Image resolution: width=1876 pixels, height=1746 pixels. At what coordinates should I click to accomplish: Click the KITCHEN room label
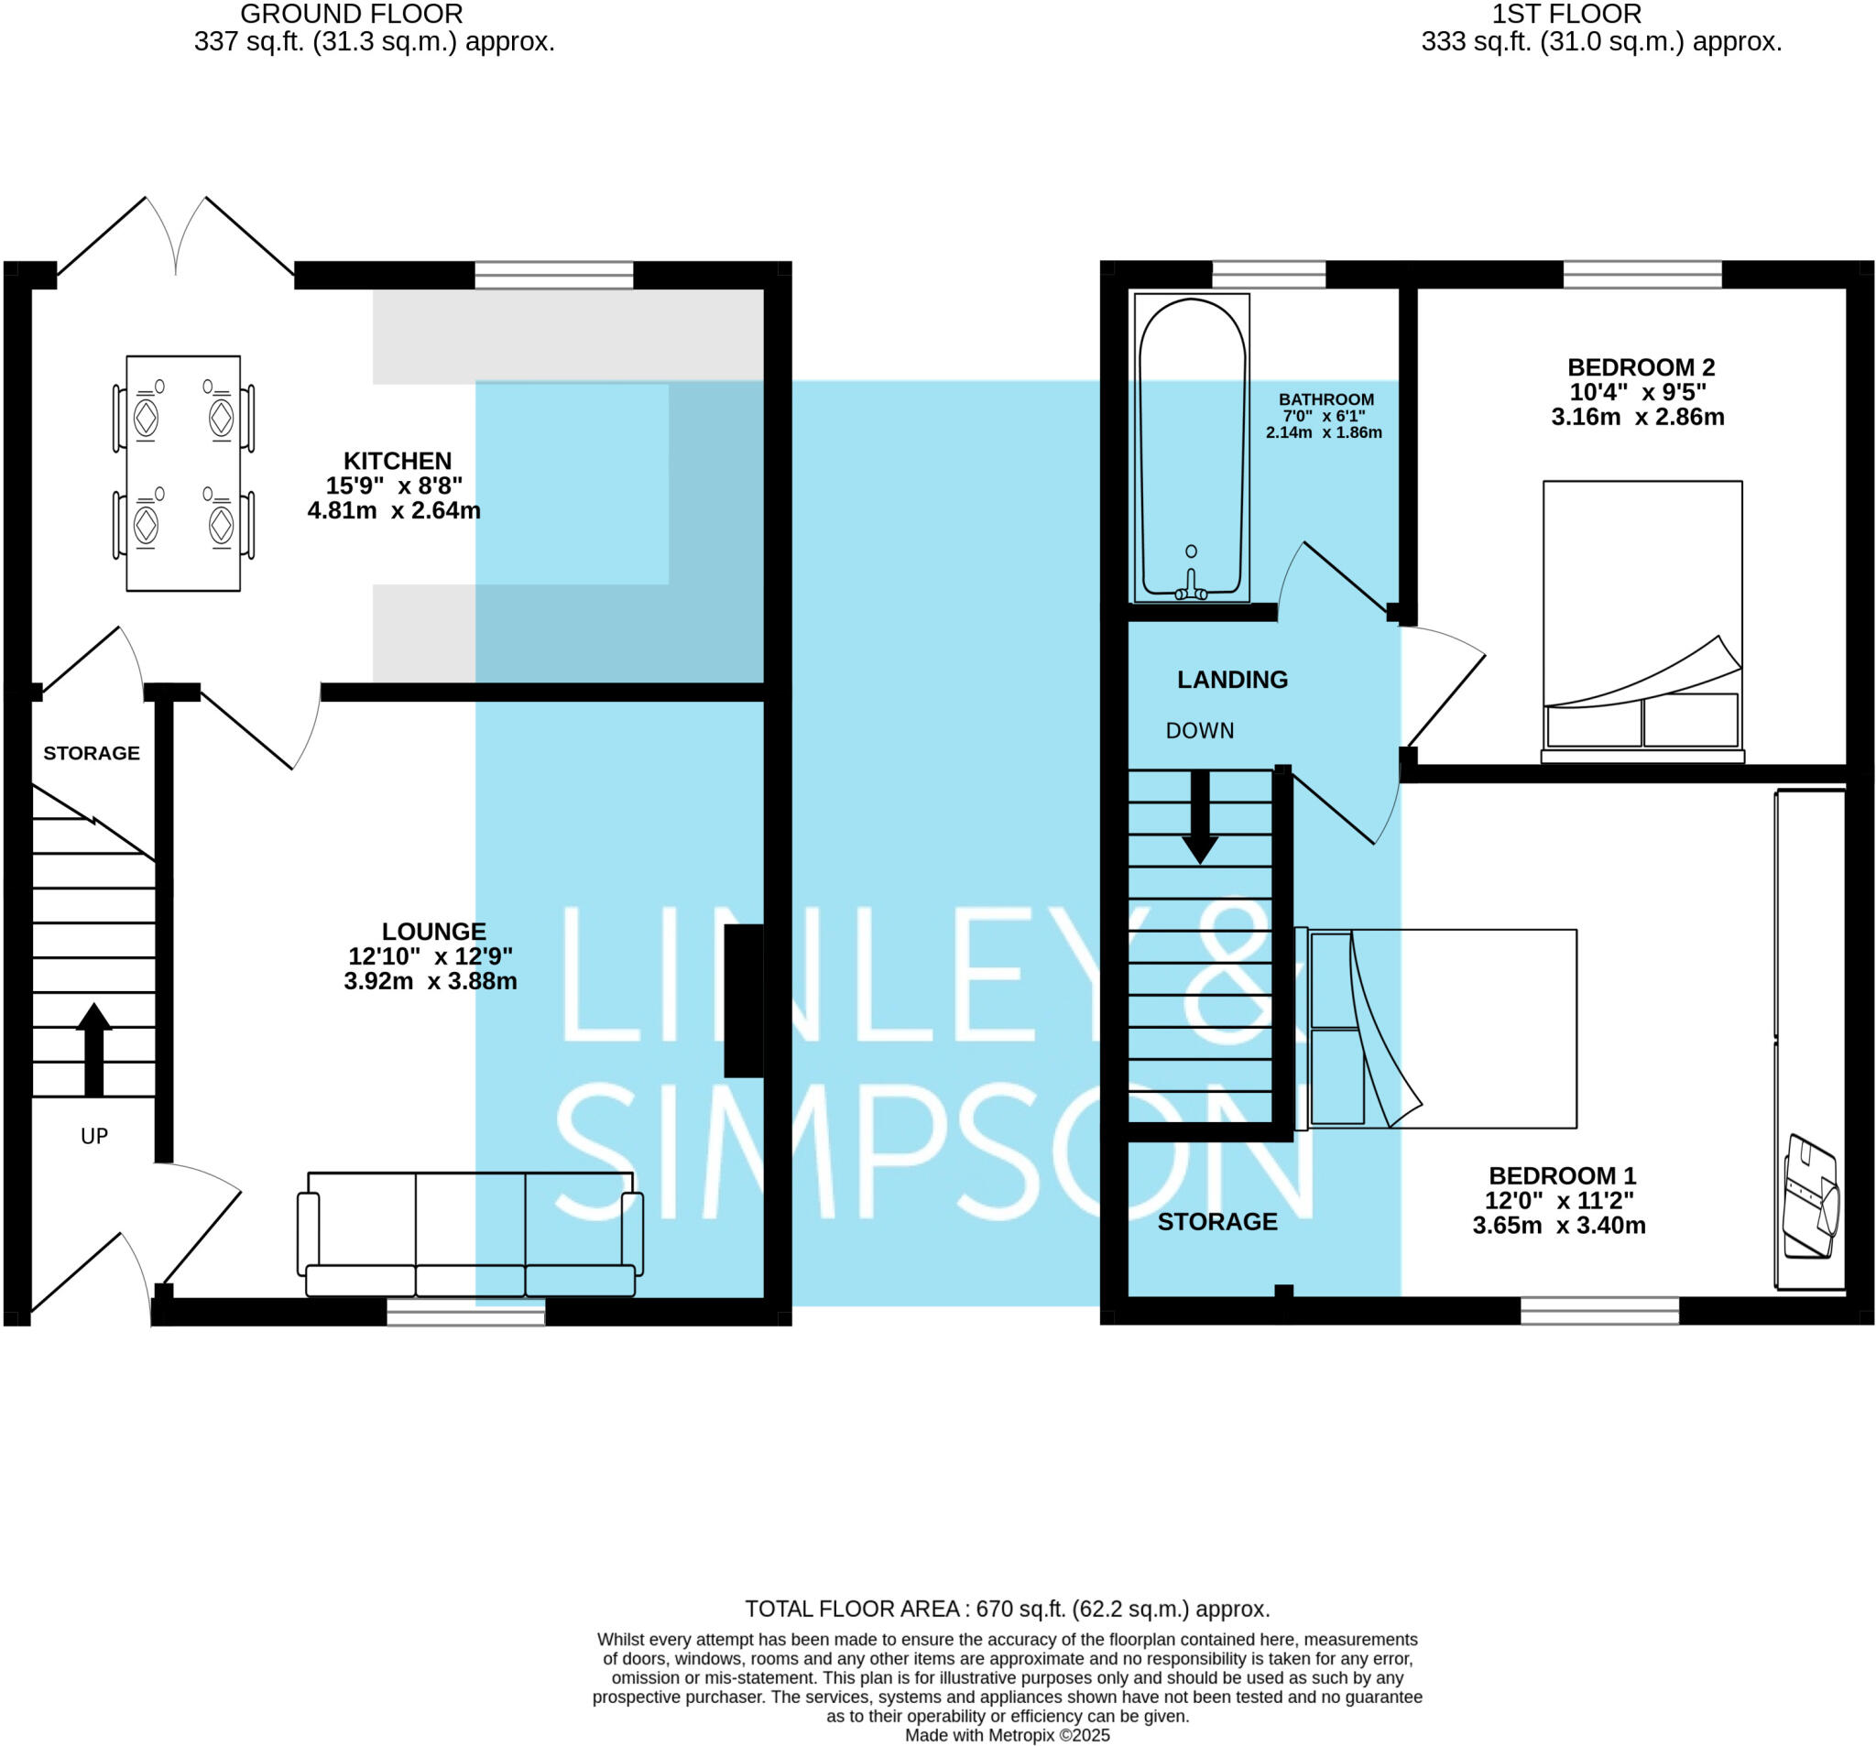click(398, 461)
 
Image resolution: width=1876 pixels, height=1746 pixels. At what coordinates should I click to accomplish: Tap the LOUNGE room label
click(434, 932)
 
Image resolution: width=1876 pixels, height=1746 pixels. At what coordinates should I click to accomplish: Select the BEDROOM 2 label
click(1641, 367)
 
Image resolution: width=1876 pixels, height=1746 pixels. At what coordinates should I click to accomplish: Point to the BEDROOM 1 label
click(1563, 1176)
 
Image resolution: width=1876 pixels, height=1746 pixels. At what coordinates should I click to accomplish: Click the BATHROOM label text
click(1325, 399)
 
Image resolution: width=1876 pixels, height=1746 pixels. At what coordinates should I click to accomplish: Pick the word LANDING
click(1232, 680)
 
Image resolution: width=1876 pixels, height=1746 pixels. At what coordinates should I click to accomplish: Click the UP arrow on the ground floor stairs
click(93, 1049)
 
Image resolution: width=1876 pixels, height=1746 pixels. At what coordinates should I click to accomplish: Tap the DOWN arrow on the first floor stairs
click(1200, 816)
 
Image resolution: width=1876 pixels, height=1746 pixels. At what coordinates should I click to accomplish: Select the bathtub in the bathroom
click(1192, 447)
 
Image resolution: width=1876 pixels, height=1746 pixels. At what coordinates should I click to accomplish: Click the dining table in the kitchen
click(183, 473)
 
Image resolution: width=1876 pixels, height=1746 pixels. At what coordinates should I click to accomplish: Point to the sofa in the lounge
click(470, 1236)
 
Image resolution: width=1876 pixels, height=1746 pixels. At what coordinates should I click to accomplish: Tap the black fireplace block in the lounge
click(744, 1000)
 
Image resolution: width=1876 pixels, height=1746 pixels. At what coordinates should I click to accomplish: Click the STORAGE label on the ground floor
click(92, 753)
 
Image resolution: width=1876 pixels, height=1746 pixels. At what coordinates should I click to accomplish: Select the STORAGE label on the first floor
click(1217, 1221)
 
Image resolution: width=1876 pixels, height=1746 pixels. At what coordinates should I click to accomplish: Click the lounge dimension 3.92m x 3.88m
click(431, 981)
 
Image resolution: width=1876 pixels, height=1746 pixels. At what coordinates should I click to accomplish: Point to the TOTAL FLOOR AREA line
click(1007, 1609)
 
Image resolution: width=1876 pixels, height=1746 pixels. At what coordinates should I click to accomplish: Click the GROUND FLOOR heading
click(351, 14)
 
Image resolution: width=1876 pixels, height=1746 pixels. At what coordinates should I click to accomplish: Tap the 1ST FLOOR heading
click(1566, 14)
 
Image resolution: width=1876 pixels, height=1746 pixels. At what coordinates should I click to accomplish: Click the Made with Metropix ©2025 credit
click(1007, 1735)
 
